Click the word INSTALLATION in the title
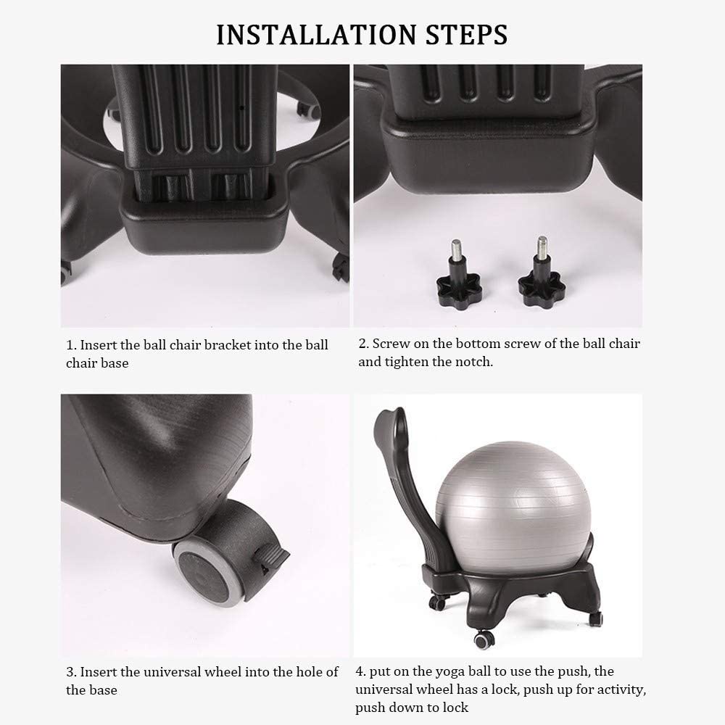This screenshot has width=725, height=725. point(317,35)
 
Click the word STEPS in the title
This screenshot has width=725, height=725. point(466,35)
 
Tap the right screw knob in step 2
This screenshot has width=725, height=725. point(542,273)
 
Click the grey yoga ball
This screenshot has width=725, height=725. point(513,507)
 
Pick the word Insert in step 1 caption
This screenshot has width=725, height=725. point(99,345)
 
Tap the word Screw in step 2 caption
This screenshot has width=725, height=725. point(391,344)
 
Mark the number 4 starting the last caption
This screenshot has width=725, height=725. point(360,671)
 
